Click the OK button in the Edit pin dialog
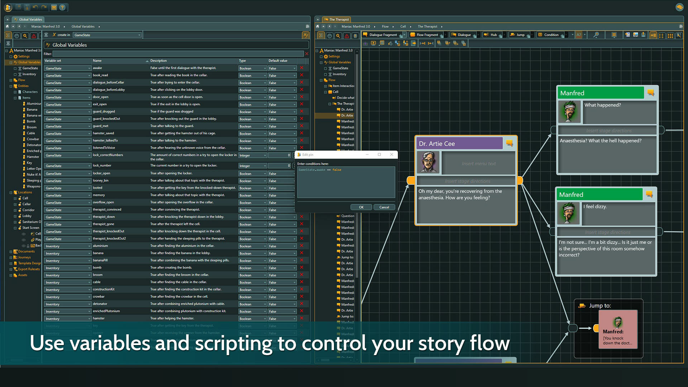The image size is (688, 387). point(361,207)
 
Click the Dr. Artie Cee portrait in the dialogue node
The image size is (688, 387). point(429,163)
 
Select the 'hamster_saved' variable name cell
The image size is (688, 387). point(104,133)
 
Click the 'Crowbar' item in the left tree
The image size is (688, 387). point(33,139)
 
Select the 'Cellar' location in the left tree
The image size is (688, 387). point(27,204)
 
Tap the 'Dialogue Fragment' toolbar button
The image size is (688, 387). point(383,35)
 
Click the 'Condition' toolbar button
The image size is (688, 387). point(551,35)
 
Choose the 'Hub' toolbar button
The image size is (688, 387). point(493,35)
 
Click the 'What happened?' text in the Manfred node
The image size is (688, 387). point(603,105)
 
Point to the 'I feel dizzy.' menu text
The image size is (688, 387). point(595,207)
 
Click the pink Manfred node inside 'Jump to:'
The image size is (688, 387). point(618,329)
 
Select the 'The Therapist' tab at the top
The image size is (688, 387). point(339,19)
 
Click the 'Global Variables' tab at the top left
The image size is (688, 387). point(30,19)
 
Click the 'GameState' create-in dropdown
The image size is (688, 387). point(107,35)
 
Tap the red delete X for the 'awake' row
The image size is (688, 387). point(302,68)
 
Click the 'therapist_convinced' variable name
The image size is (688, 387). point(107,210)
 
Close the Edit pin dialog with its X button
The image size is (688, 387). point(392,154)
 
